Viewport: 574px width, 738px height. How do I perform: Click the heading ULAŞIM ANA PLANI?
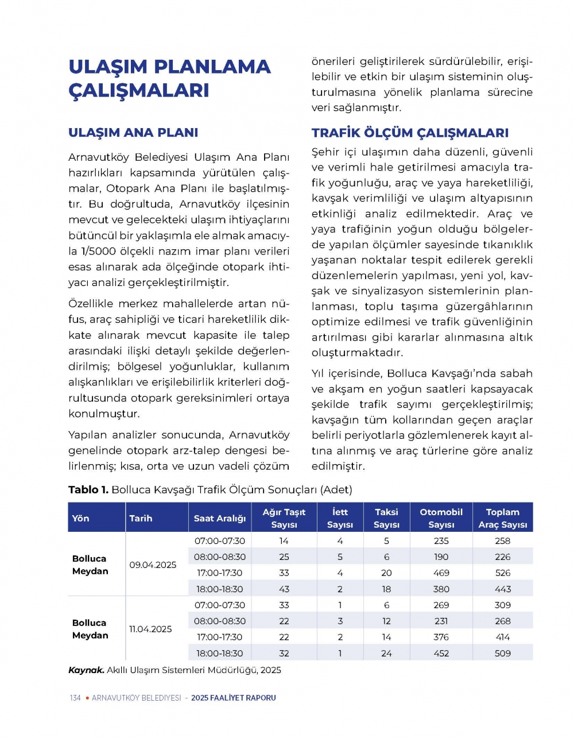[x=133, y=133]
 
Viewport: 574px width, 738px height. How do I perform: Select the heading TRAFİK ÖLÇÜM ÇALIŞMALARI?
[x=410, y=133]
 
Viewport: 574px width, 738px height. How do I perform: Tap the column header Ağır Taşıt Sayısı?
[x=284, y=518]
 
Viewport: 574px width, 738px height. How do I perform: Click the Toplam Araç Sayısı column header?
[x=502, y=518]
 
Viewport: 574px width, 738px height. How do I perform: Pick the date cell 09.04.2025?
[x=153, y=565]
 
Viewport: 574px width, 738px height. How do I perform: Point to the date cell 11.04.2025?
[x=150, y=629]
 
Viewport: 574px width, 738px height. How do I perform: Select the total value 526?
[x=502, y=573]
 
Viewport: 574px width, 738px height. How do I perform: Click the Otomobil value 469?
[x=441, y=573]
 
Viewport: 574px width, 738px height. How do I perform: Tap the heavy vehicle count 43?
[x=284, y=589]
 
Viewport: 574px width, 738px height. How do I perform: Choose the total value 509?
[x=502, y=653]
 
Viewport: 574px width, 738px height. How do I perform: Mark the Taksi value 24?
[x=386, y=653]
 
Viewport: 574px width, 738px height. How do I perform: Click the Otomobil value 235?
[x=441, y=540]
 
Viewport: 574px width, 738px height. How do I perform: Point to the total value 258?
[x=502, y=540]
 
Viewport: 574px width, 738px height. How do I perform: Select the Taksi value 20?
[x=386, y=573]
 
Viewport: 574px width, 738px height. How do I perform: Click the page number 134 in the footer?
[x=75, y=698]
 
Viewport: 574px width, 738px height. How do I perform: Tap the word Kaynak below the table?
[x=86, y=670]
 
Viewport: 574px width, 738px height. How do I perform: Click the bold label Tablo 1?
[x=88, y=490]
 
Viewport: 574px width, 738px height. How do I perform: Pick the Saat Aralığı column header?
[x=220, y=518]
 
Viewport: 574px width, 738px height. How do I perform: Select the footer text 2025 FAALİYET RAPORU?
[x=234, y=698]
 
